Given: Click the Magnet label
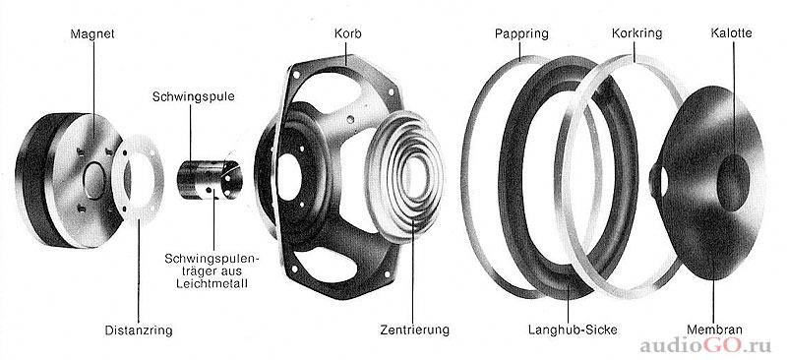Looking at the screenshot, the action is coord(92,34).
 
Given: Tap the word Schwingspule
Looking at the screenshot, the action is coord(194,97).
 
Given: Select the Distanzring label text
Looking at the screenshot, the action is coord(139,330).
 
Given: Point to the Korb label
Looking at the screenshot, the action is coord(348,34).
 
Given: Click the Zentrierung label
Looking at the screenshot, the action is coord(414,330).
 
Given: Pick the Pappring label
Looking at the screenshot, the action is coord(521,34).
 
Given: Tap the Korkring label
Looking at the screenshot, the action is coord(636,33).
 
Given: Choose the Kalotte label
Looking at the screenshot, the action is coord(731,33).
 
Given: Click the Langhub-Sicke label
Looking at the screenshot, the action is coord(573,330).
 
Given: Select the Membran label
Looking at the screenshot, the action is coord(714,330).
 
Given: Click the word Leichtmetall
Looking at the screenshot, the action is coord(212,284).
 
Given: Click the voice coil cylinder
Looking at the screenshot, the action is coord(210,180).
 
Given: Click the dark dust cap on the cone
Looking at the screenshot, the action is coord(733,182).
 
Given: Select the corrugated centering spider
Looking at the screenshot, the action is coord(406,177).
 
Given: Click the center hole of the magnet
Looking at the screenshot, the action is coord(93,180).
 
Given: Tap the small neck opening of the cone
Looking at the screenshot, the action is coord(662,181).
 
